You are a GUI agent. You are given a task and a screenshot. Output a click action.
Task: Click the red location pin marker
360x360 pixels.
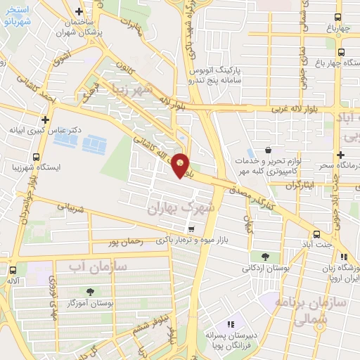181,165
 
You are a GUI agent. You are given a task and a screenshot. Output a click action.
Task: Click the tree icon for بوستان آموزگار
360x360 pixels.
89,291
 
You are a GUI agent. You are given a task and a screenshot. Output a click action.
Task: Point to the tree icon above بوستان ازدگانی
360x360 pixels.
265,257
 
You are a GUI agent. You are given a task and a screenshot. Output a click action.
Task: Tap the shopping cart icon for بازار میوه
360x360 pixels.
191,229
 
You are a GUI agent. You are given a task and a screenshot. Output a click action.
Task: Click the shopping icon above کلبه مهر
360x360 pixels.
269,150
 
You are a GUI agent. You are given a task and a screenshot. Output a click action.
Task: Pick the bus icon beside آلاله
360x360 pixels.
13,269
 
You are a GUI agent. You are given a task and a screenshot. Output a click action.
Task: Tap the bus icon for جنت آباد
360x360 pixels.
316,234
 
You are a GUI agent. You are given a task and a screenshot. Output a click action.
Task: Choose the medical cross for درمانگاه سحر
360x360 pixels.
340,154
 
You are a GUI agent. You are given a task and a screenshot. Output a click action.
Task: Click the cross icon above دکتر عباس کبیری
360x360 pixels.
46,120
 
